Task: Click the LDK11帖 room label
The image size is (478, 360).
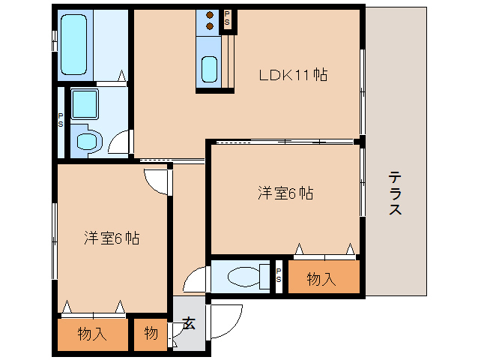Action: [293, 75]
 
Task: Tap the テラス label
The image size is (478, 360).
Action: [395, 193]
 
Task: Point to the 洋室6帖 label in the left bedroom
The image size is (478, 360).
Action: [111, 238]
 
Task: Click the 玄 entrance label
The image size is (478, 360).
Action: [189, 324]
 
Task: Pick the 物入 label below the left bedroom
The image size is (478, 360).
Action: [92, 334]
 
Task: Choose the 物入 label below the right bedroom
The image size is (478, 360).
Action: [321, 280]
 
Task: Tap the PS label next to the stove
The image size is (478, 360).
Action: [227, 20]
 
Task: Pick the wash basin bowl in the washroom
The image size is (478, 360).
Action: [88, 140]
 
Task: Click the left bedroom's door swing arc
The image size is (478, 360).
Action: [158, 182]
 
